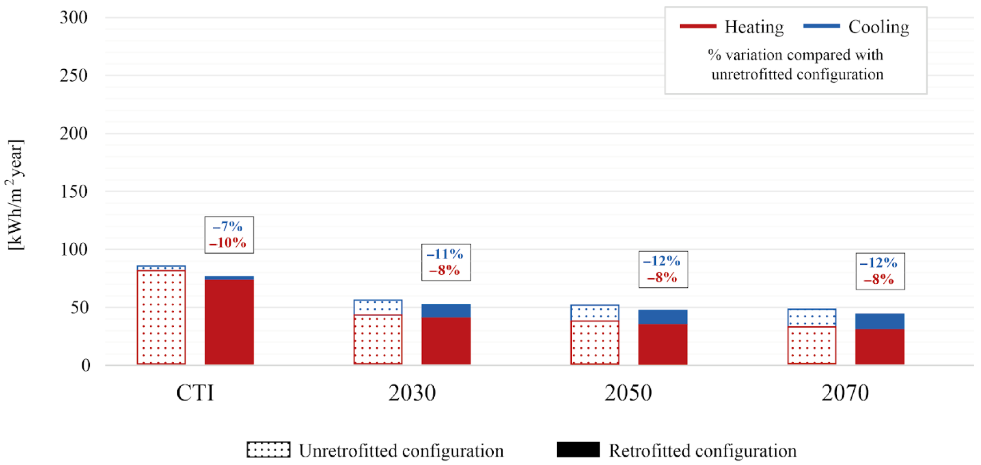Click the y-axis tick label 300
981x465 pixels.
73,17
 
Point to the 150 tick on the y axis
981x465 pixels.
73,191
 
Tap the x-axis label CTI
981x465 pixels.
195,393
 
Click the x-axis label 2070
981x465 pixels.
845,393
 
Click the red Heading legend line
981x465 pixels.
698,26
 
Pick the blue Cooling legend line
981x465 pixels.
821,26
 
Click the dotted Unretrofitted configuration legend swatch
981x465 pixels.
268,449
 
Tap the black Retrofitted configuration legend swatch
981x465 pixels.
578,449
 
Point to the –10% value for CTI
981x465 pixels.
228,242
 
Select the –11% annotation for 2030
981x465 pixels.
445,254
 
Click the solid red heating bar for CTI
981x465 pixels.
229,321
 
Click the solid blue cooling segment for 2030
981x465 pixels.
446,311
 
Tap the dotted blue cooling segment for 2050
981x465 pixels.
594,313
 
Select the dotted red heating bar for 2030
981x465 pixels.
378,340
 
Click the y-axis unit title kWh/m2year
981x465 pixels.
16,195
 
